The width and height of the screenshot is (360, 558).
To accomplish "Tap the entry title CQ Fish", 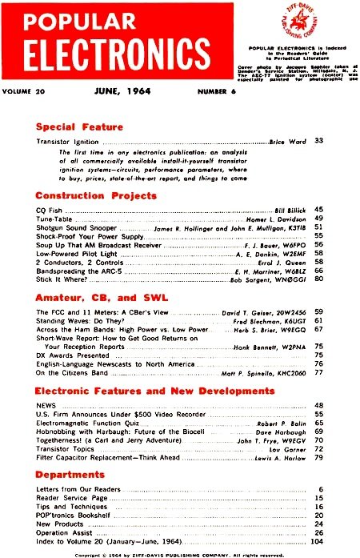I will [50, 209].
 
